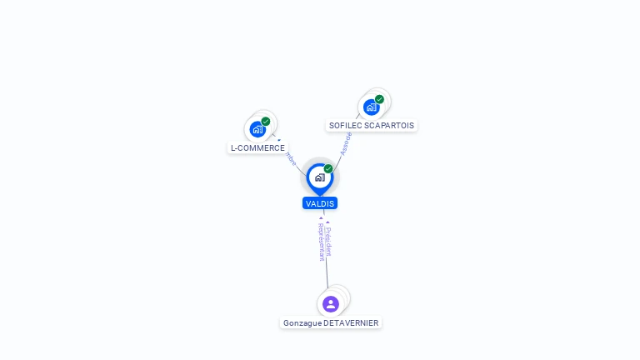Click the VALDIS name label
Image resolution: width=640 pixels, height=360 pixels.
320,203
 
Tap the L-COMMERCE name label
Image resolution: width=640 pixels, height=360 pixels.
257,148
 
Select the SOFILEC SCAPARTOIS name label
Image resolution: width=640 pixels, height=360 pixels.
371,126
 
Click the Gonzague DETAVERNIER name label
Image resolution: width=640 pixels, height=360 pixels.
331,322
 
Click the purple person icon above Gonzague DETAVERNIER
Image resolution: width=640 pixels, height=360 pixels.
331,303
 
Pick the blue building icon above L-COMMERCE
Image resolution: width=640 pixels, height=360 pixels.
257,129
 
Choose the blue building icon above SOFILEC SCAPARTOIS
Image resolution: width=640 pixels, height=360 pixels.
371,107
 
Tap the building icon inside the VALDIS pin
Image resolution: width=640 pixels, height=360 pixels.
319,177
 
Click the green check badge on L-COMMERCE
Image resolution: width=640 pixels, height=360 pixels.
266,122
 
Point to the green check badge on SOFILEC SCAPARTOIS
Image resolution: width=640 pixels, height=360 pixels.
379,99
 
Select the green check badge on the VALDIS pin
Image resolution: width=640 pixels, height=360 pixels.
328,168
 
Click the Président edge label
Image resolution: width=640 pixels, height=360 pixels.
329,240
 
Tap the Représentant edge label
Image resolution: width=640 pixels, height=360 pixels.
321,242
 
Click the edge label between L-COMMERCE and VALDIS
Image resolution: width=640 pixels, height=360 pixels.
290,158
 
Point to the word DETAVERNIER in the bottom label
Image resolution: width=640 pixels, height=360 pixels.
352,322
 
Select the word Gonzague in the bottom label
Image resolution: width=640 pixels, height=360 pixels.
302,322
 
